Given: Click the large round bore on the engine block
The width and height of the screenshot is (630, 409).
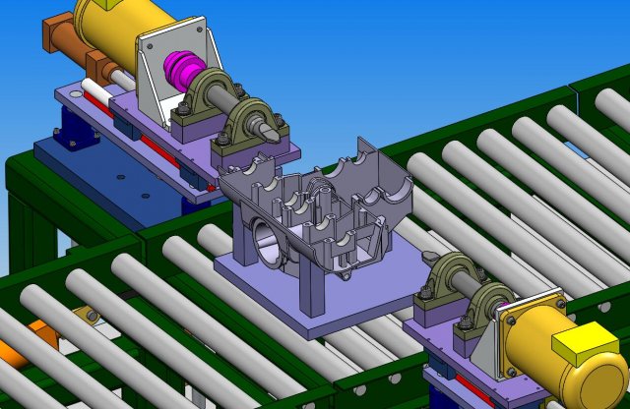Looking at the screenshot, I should [269, 241].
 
